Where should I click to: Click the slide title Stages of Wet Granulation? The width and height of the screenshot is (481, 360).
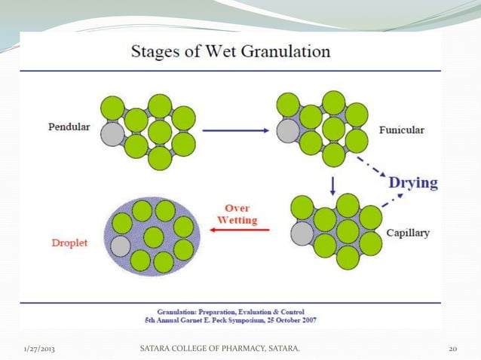tap(231, 52)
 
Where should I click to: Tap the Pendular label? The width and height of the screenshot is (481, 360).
tap(66, 127)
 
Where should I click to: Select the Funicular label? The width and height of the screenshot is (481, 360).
tap(401, 130)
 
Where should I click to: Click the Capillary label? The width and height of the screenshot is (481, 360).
tap(407, 233)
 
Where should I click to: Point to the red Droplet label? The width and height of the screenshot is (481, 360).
tap(72, 243)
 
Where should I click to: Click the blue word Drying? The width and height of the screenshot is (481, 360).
tap(412, 182)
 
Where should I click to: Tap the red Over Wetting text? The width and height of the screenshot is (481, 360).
tap(237, 214)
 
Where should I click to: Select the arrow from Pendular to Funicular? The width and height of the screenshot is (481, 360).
tap(236, 130)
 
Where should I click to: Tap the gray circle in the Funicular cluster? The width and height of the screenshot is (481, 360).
tap(287, 131)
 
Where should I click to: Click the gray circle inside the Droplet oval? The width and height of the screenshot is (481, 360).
tap(121, 246)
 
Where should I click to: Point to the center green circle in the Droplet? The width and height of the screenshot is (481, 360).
tap(153, 237)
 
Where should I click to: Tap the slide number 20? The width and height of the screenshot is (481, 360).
tap(453, 349)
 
